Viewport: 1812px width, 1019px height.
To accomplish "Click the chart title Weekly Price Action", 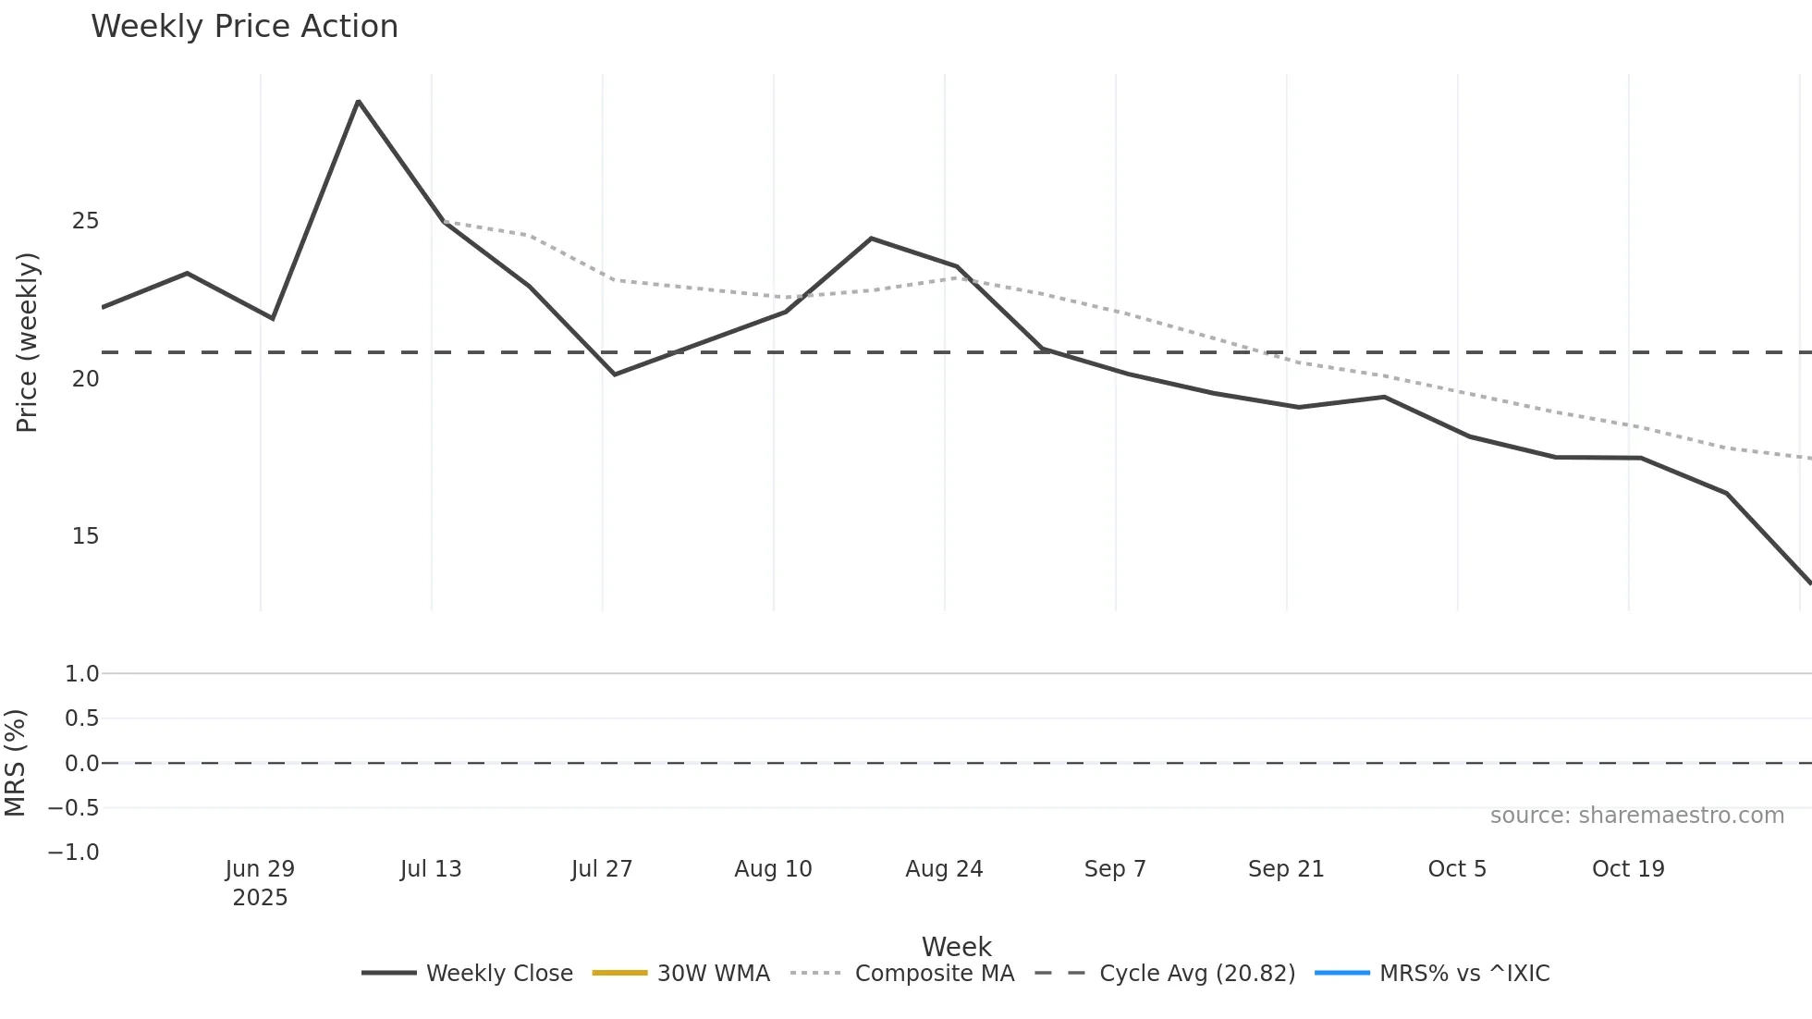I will click(x=244, y=27).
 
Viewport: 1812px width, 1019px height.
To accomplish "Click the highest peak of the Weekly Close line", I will click(x=358, y=101).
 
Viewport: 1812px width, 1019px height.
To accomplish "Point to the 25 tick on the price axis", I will click(x=85, y=221).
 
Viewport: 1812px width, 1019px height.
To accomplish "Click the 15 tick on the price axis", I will click(x=85, y=536).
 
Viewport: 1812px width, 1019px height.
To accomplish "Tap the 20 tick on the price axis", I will click(x=85, y=379).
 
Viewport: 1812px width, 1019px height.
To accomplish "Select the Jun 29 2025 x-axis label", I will click(x=260, y=883).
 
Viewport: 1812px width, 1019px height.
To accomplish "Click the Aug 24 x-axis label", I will click(x=944, y=869).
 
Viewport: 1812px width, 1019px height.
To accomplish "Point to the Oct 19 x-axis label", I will click(x=1628, y=869).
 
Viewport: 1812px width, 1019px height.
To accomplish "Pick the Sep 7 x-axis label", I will click(x=1115, y=869).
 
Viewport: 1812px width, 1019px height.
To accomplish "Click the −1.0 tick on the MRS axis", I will click(x=74, y=853).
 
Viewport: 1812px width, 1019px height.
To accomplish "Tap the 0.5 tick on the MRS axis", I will click(x=81, y=718).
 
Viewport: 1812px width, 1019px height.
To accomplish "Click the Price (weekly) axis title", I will click(x=27, y=342).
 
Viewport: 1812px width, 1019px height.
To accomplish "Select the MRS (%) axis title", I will click(x=16, y=763).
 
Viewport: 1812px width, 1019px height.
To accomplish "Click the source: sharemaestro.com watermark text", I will click(x=1636, y=816).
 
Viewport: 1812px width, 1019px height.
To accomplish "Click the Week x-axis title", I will click(x=956, y=947).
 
